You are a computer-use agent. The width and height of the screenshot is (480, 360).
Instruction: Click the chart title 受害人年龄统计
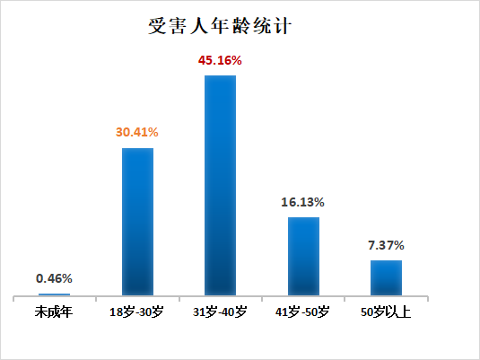(221, 25)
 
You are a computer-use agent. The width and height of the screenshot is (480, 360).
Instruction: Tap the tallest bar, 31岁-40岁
(220, 185)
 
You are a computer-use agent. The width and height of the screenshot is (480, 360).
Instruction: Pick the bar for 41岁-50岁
(303, 256)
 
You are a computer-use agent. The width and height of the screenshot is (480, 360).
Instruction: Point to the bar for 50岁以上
(386, 277)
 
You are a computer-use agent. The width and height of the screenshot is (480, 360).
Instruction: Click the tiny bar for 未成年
(54, 294)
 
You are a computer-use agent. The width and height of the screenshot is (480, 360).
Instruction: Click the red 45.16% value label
(220, 61)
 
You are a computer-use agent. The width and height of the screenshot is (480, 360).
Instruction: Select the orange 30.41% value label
(137, 133)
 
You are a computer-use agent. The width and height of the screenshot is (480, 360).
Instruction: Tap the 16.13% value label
(303, 202)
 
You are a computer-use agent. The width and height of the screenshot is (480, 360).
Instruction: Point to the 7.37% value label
(386, 244)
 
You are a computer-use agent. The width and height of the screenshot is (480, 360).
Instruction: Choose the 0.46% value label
(54, 278)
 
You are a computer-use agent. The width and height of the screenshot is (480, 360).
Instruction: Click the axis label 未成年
(54, 312)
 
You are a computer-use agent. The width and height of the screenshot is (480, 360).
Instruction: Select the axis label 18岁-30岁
(137, 312)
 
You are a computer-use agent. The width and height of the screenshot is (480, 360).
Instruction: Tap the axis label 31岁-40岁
(220, 312)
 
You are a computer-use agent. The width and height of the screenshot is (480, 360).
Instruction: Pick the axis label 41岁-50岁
(303, 312)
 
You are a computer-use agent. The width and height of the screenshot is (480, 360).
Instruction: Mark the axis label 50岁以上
(386, 312)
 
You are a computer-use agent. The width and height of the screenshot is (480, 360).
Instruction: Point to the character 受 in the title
(158, 25)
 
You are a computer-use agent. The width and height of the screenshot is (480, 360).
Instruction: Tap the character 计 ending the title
(283, 25)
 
